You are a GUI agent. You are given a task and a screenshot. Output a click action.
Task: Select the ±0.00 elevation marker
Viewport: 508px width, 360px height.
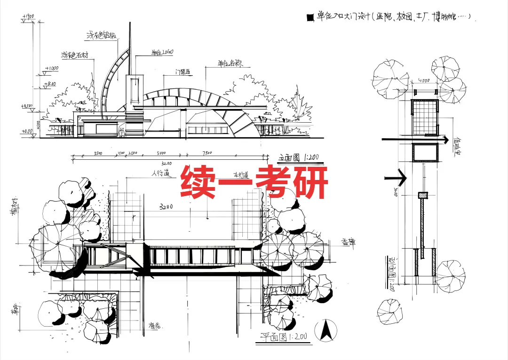point(27,132)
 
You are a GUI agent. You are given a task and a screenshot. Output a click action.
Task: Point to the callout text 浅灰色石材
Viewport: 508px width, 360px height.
point(75,55)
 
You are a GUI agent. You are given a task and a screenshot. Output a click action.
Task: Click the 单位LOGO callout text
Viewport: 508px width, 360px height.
point(162,52)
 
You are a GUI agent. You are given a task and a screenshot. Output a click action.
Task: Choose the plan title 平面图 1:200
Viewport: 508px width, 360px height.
point(284,337)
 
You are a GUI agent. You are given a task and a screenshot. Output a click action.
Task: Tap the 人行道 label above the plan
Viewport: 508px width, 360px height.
point(160,173)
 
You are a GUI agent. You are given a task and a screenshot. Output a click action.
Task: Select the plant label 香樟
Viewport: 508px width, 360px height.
point(349,242)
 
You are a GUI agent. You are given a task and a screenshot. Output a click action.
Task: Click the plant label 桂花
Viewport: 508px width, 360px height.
point(155,325)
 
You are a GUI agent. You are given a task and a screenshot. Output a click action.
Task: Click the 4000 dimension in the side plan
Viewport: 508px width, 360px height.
point(424,80)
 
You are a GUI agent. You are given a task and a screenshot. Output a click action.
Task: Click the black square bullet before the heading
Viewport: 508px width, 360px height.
point(310,18)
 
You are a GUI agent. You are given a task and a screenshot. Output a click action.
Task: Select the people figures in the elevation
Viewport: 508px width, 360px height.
point(122,133)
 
